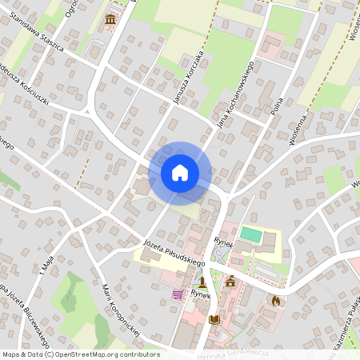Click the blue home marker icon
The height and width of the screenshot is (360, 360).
pos(180,172)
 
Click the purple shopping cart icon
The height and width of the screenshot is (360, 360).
pos(176,294)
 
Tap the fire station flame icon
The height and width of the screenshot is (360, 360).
pos(276,301)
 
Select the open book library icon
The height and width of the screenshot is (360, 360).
pos(214,320)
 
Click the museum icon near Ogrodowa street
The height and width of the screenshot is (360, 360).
pos(110,18)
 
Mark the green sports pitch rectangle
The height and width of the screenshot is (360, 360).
pos(251,235)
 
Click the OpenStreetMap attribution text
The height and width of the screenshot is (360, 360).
pos(80,354)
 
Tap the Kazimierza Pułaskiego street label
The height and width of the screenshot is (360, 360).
pos(343,320)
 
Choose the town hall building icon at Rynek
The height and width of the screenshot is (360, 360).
pos(230,282)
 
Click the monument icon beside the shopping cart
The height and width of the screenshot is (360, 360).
pos(203,282)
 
